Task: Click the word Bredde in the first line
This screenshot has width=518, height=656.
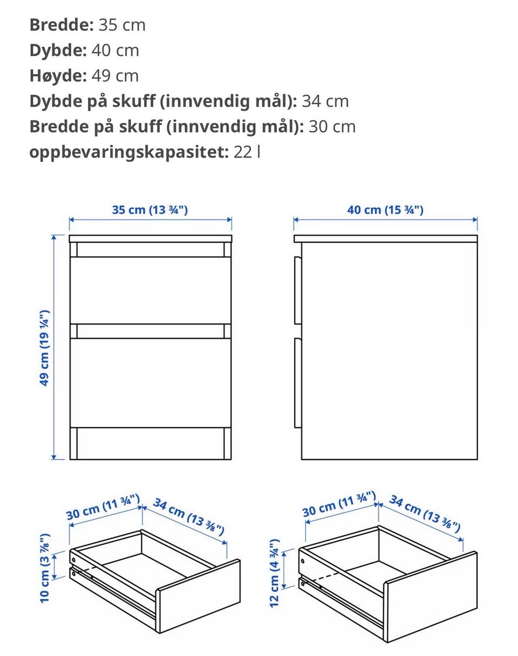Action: coord(62,25)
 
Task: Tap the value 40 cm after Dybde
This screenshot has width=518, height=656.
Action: coord(115,50)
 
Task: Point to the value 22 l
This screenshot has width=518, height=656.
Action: coord(247,152)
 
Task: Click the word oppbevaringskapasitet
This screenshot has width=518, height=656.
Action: coord(129,153)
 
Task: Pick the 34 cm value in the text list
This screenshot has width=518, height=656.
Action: coord(325,101)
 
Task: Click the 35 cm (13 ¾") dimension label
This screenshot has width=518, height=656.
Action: coord(150,210)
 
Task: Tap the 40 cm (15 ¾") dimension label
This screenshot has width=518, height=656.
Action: coord(385,210)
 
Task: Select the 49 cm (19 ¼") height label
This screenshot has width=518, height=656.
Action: coord(45,348)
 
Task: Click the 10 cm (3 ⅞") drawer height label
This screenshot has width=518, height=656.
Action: coord(45,568)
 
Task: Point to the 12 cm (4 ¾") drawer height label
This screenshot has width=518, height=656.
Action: coord(275,573)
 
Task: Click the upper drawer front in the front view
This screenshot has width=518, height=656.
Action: coord(151,290)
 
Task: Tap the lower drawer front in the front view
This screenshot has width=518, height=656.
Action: coord(151,383)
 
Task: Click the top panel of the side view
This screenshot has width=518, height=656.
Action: coord(386,238)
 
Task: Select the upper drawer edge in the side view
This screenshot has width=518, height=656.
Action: coord(298,290)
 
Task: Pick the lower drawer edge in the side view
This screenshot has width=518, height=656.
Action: coord(298,383)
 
